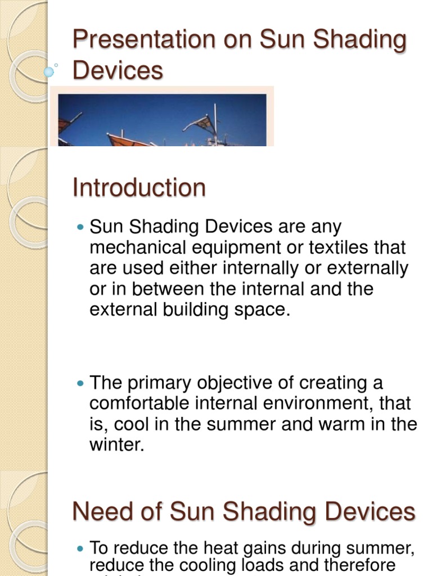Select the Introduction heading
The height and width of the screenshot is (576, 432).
coord(139,188)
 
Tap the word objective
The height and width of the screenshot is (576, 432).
coord(237,384)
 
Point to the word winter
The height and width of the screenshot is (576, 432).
coord(116,445)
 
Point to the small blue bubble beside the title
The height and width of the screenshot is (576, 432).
coord(49,71)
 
